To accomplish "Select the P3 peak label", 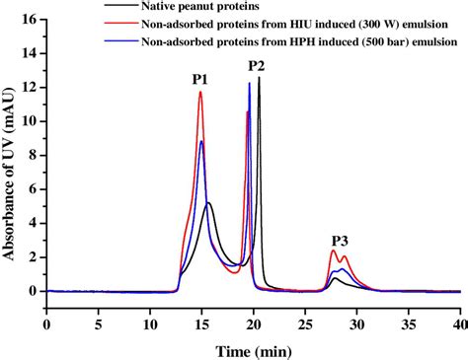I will pos(340,240).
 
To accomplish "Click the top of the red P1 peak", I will pos(200,92).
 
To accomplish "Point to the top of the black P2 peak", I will pos(259,77).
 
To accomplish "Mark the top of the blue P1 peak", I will pos(201,141).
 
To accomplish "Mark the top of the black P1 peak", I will pos(207,203).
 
